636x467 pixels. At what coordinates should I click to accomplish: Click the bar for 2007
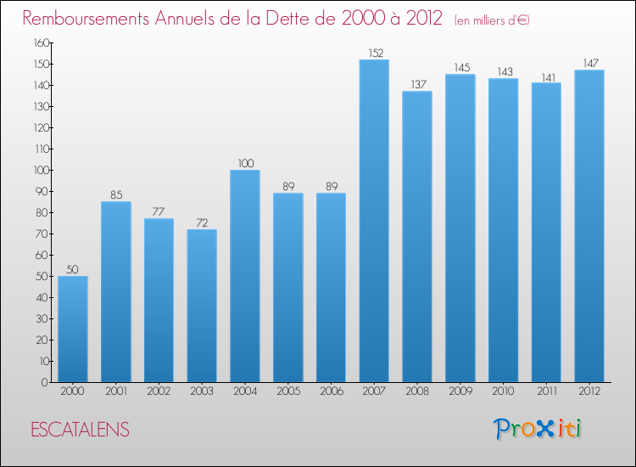coord(374,221)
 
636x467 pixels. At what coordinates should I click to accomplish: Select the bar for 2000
coord(73,329)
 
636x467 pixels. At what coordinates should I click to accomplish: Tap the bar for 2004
coord(245,276)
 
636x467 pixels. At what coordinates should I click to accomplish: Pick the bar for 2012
coord(589,226)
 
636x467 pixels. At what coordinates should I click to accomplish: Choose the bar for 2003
coord(202,306)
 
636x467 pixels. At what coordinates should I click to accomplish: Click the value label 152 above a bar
coord(374,53)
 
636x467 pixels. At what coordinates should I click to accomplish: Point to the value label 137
coord(417,84)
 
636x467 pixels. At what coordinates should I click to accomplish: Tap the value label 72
coord(202,222)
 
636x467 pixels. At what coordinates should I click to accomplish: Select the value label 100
coord(245,163)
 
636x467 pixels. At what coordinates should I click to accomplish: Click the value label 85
coord(116,194)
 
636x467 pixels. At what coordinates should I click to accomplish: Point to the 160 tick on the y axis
coord(42,42)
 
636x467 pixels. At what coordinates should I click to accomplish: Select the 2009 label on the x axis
coord(460,391)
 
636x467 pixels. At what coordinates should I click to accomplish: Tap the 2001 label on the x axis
coord(116,391)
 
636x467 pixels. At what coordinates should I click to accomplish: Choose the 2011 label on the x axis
coord(546,391)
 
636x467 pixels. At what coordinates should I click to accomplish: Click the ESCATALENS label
coord(80,430)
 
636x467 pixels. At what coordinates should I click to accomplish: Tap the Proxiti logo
coord(538,429)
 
